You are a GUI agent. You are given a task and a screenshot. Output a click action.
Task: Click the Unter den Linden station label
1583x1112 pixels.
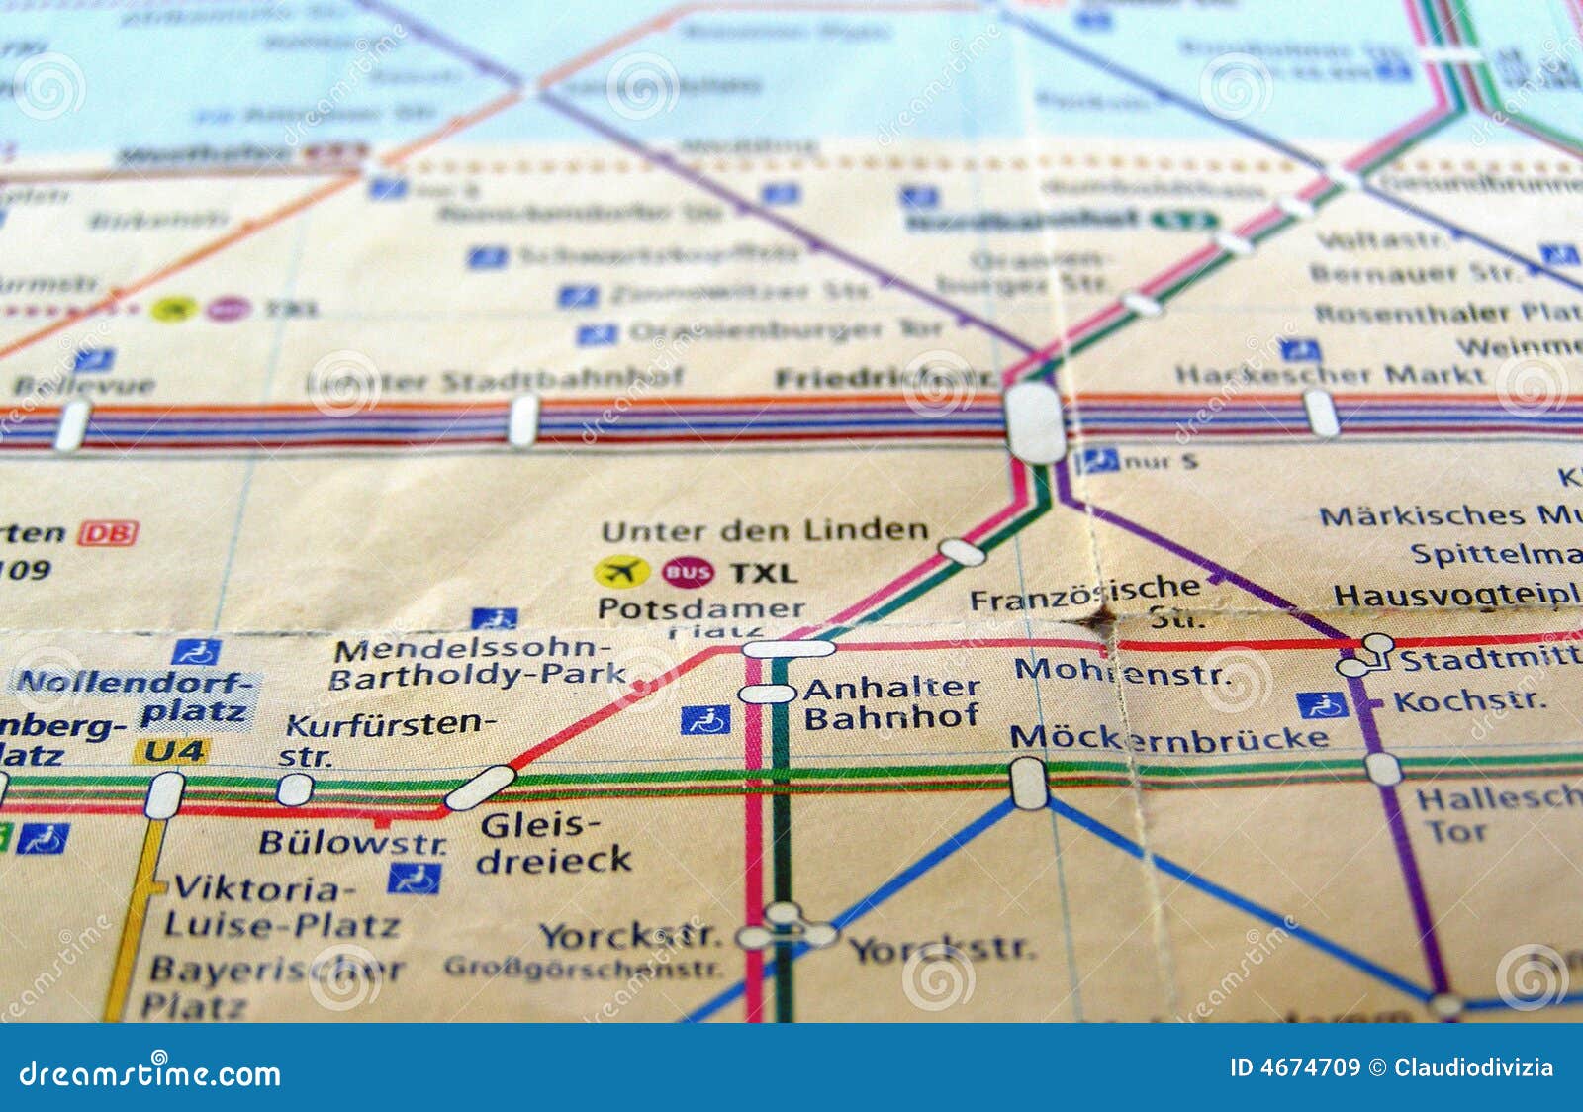point(765,531)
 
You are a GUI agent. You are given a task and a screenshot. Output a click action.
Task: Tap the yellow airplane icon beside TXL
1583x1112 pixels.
point(621,572)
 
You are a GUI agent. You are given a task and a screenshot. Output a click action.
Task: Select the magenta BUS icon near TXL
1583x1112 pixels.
point(688,572)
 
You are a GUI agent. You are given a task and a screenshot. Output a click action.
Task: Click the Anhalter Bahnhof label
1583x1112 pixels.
point(890,702)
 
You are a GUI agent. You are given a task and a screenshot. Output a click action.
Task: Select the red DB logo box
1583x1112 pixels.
point(108,533)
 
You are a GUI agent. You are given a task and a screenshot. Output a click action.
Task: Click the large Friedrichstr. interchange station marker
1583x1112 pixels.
point(1034,422)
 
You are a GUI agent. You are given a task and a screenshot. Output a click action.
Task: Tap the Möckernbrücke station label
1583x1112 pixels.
point(1168,738)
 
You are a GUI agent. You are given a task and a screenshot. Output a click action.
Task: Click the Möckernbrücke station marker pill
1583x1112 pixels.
point(1029,783)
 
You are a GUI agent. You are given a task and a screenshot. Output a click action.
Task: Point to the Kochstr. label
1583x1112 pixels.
point(1469,701)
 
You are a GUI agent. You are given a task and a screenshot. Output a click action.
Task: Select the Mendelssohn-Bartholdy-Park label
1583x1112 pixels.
point(477,664)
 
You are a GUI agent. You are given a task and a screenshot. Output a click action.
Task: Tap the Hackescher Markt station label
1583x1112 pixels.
point(1330,375)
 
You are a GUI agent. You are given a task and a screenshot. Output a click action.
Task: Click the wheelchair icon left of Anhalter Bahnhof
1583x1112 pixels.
point(705,720)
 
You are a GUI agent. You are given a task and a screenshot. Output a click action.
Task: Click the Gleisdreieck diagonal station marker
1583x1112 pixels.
point(480,788)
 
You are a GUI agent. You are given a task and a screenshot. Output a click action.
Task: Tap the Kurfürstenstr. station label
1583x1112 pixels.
point(386,738)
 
